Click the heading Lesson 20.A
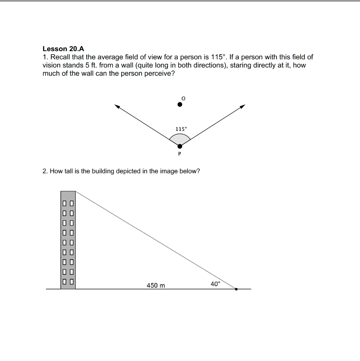63,49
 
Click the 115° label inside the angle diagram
180,129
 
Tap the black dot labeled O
180,104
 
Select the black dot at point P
180,146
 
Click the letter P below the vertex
179,154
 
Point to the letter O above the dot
183,98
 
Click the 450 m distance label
156,286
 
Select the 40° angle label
215,284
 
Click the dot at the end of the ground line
236,289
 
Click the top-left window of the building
65,203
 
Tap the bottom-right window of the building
71,282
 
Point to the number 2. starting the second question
45,171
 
